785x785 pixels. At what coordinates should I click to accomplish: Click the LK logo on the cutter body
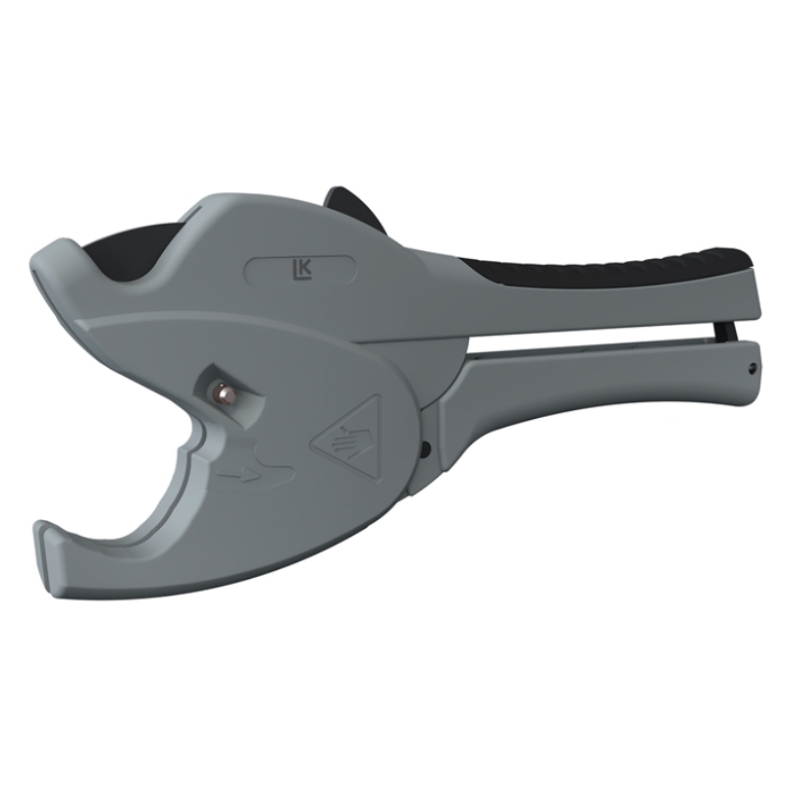302,270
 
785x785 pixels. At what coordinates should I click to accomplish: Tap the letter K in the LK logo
305,268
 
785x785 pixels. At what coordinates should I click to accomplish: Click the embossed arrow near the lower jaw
238,475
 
